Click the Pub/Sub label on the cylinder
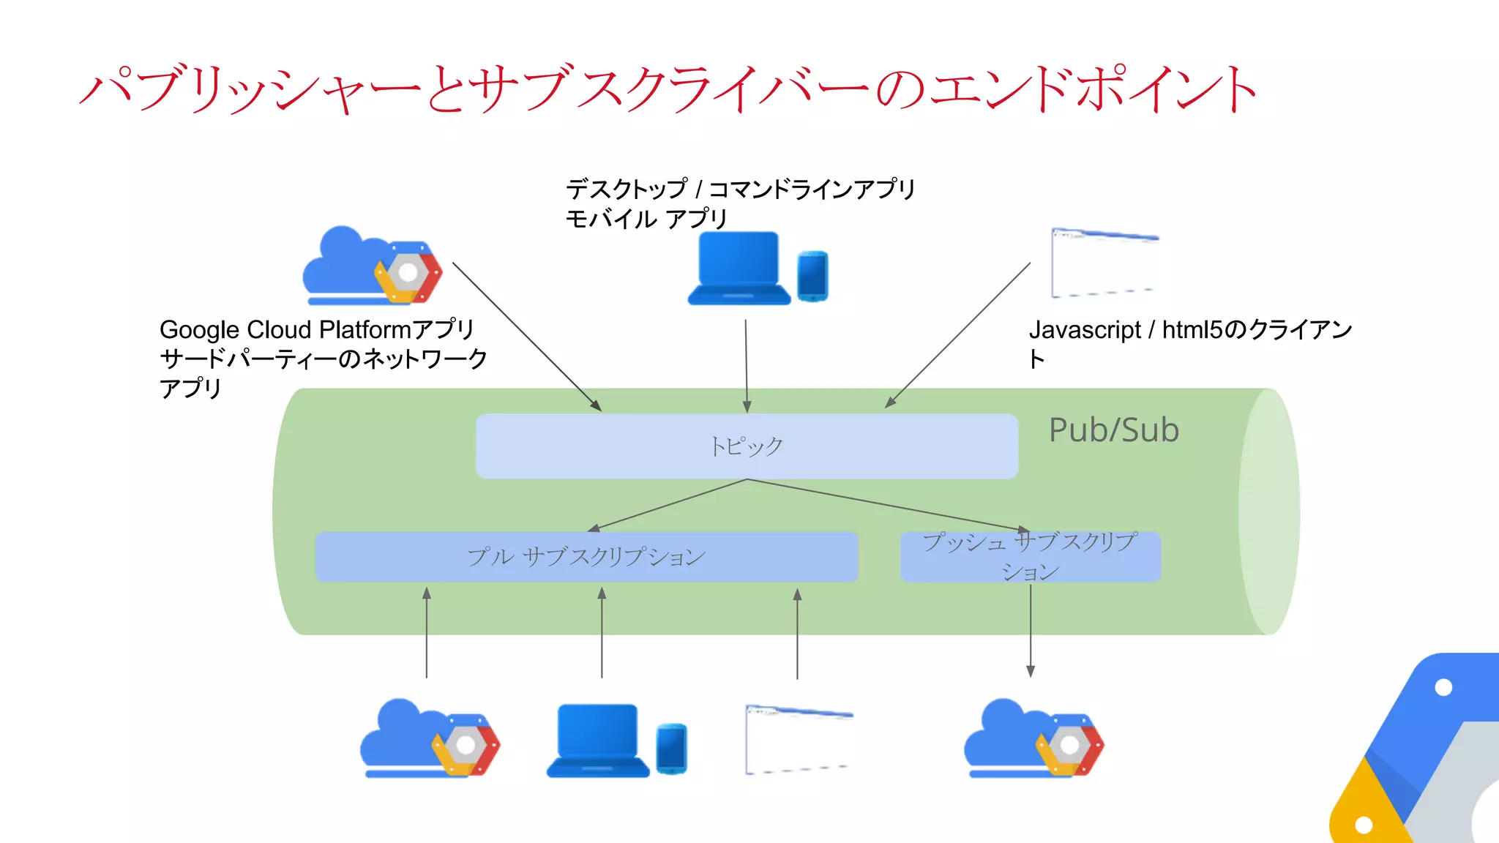pos(1113,430)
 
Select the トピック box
pos(747,446)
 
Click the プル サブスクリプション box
pos(586,557)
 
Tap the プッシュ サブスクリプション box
pos(1030,557)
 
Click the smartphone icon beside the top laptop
pos(812,276)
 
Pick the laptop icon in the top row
pos(739,269)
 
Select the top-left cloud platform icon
pos(372,266)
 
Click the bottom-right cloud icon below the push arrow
pos(1033,738)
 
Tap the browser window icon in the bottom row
pos(799,739)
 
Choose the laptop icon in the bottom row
pos(598,740)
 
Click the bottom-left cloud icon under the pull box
pos(429,738)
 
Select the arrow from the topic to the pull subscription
pos(666,506)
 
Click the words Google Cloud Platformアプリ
pos(317,330)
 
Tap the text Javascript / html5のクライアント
pos(1189,331)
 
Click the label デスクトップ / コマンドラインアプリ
pos(740,190)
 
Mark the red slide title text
pos(668,89)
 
